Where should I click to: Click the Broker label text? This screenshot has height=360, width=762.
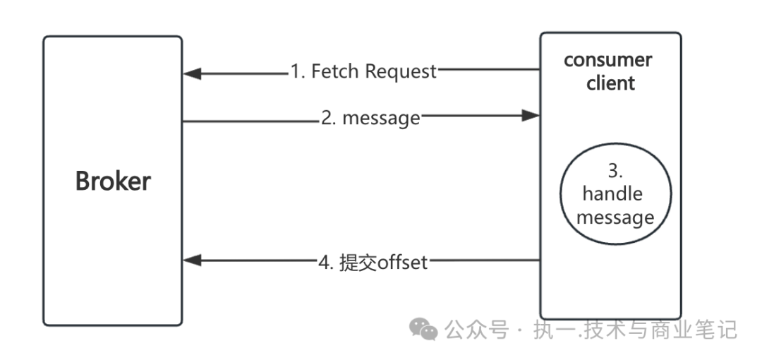(113, 181)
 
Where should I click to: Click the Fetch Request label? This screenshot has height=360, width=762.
(364, 71)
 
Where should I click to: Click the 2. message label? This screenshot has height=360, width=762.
(370, 118)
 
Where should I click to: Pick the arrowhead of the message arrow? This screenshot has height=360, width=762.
(531, 116)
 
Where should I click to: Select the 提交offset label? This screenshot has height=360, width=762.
(373, 263)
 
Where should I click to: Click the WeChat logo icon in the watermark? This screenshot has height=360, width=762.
(424, 329)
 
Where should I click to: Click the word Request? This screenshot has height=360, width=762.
(402, 71)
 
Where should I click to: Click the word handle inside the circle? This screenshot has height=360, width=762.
(612, 193)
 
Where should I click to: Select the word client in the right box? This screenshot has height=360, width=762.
(611, 83)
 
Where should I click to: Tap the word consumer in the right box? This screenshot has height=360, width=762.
(608, 60)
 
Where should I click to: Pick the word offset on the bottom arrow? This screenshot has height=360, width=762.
(403, 263)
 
